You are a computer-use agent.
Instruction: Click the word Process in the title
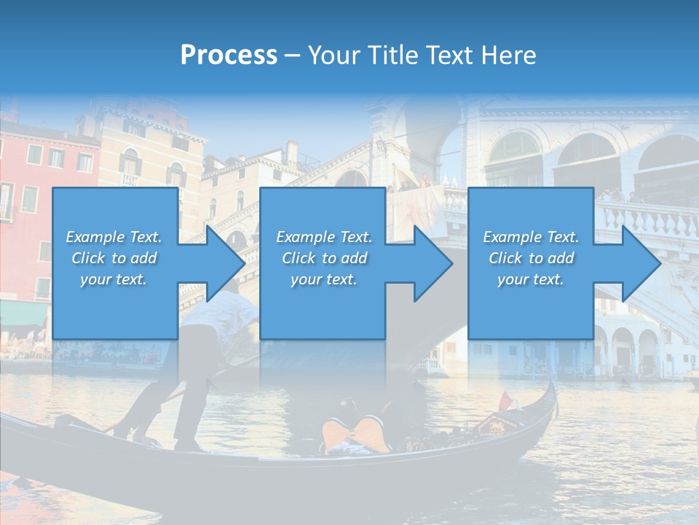[x=229, y=55]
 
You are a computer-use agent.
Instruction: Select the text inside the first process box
[x=114, y=258]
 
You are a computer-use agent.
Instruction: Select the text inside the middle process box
[x=324, y=258]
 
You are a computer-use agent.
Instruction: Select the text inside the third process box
[x=531, y=258]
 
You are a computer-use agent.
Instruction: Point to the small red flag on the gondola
[x=505, y=400]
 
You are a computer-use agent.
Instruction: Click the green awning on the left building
[x=22, y=314]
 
